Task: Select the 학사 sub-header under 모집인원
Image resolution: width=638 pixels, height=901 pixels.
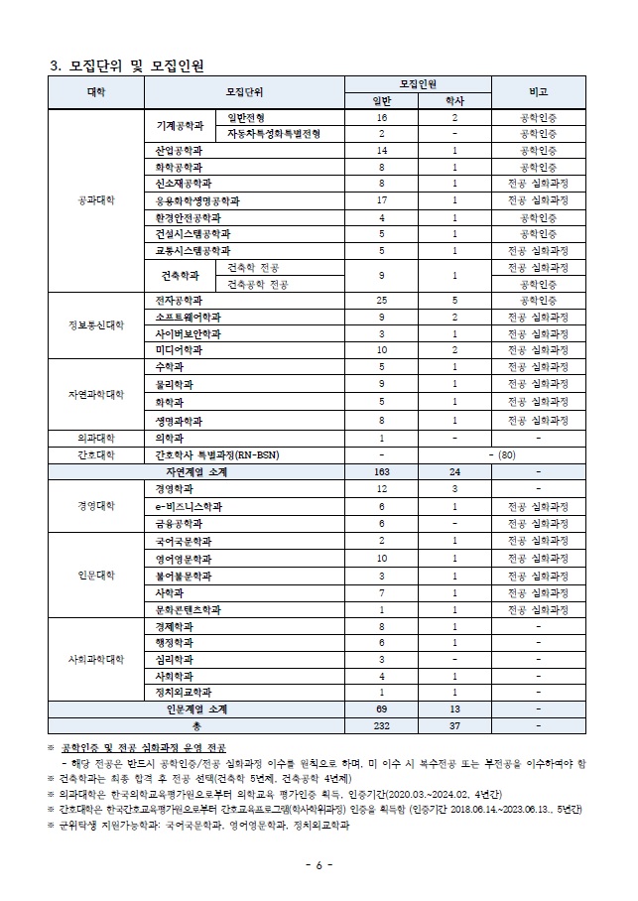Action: [x=453, y=100]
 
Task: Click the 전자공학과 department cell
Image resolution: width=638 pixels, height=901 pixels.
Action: [x=179, y=300]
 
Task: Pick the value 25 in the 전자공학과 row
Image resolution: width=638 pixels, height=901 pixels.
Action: [x=381, y=300]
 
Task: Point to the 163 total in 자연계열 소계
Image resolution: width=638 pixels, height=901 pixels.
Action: [x=381, y=472]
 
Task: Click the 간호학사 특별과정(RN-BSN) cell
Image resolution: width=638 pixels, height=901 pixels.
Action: [x=217, y=454]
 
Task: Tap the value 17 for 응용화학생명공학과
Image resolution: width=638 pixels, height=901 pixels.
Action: [x=381, y=200]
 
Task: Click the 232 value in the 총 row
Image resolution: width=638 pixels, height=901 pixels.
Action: [x=381, y=726]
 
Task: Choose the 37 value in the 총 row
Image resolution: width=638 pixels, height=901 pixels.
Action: [x=453, y=726]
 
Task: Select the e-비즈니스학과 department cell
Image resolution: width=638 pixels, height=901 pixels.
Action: [x=189, y=506]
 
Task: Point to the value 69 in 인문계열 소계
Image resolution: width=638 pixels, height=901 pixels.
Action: [x=381, y=709]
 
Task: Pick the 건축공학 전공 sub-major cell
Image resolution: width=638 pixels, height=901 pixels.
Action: [x=253, y=284]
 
